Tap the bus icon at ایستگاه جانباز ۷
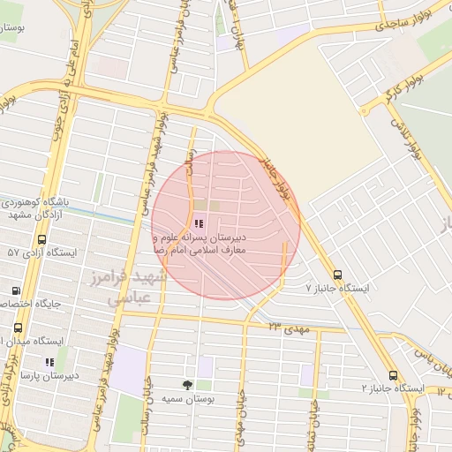(x=337, y=274)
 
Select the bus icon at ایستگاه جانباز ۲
(x=393, y=374)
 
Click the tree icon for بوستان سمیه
(x=187, y=385)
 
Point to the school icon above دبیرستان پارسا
(x=49, y=361)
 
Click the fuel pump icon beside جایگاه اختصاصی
(x=15, y=290)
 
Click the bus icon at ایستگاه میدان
(x=18, y=328)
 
